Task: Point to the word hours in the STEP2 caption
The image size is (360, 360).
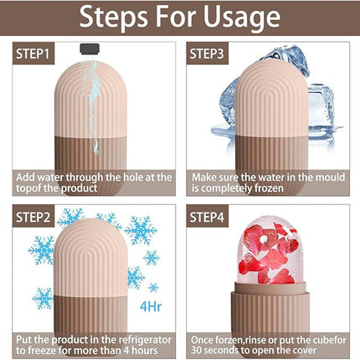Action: point(152,352)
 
